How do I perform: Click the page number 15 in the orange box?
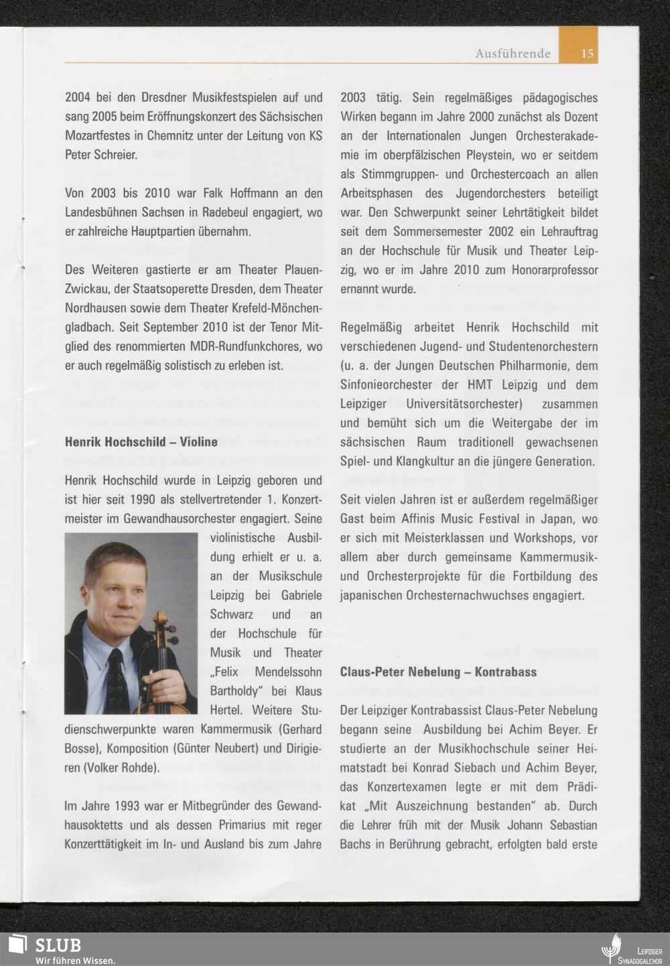click(x=587, y=54)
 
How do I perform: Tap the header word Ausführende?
click(x=513, y=54)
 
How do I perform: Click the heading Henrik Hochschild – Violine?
click(x=141, y=441)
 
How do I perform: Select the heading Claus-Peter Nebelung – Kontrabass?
click(x=438, y=672)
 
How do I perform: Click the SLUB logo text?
click(x=58, y=945)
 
